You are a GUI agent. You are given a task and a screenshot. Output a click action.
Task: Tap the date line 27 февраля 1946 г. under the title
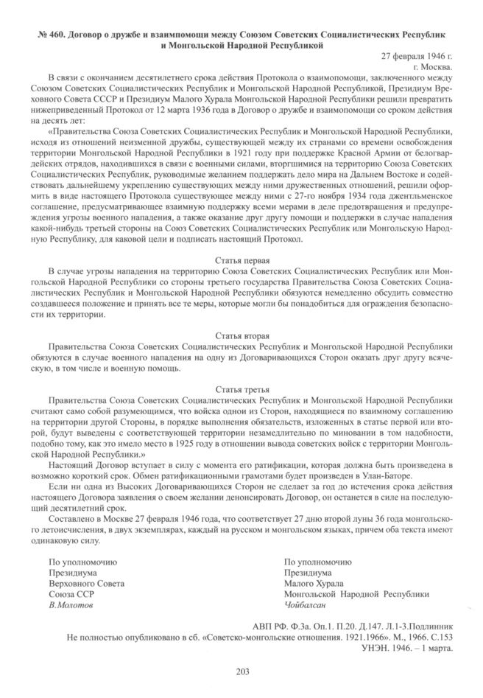[x=416, y=56]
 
